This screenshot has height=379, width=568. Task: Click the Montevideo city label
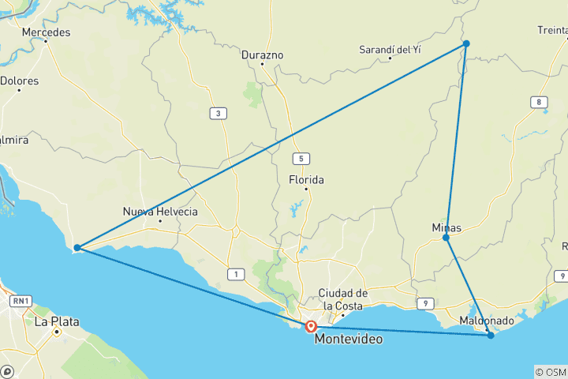(x=350, y=339)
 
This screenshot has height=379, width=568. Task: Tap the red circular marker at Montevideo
(x=312, y=326)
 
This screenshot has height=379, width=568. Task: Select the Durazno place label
(x=262, y=55)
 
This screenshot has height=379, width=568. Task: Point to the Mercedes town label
(x=46, y=32)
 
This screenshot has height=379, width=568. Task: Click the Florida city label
(x=306, y=179)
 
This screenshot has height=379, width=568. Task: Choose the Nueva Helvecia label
(x=160, y=212)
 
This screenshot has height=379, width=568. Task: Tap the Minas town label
(x=447, y=227)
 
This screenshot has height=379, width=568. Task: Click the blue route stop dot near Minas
(x=447, y=238)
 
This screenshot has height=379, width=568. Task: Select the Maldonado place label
(x=487, y=321)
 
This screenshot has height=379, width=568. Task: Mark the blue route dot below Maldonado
(x=491, y=336)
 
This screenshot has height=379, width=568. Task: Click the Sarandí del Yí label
(x=390, y=49)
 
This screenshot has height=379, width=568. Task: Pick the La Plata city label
(x=52, y=321)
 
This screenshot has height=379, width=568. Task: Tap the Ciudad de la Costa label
(x=341, y=299)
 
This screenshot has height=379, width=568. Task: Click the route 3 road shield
(x=217, y=114)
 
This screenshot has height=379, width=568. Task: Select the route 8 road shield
(x=539, y=102)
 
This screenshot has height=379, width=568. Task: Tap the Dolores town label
(x=19, y=81)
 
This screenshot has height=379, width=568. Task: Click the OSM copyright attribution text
(x=550, y=372)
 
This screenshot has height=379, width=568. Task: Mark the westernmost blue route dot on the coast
(x=77, y=248)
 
